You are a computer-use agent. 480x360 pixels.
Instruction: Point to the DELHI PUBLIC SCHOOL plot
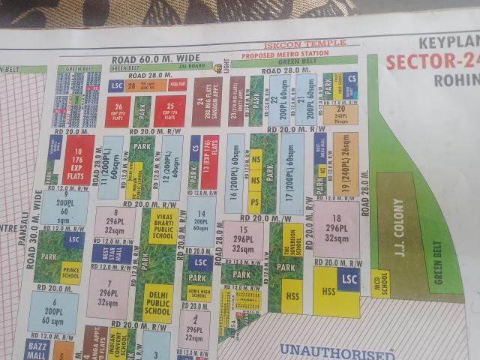click(157, 298)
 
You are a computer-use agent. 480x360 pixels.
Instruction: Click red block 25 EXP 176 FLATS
click(170, 111)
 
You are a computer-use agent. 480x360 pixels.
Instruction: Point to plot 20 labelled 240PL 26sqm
click(340, 114)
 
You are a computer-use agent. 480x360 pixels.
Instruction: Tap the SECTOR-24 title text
click(432, 61)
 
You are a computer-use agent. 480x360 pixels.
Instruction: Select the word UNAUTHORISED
click(336, 351)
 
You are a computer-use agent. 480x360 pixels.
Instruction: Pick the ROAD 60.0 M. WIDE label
click(156, 58)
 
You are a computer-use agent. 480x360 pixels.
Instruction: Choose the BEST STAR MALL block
click(102, 253)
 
